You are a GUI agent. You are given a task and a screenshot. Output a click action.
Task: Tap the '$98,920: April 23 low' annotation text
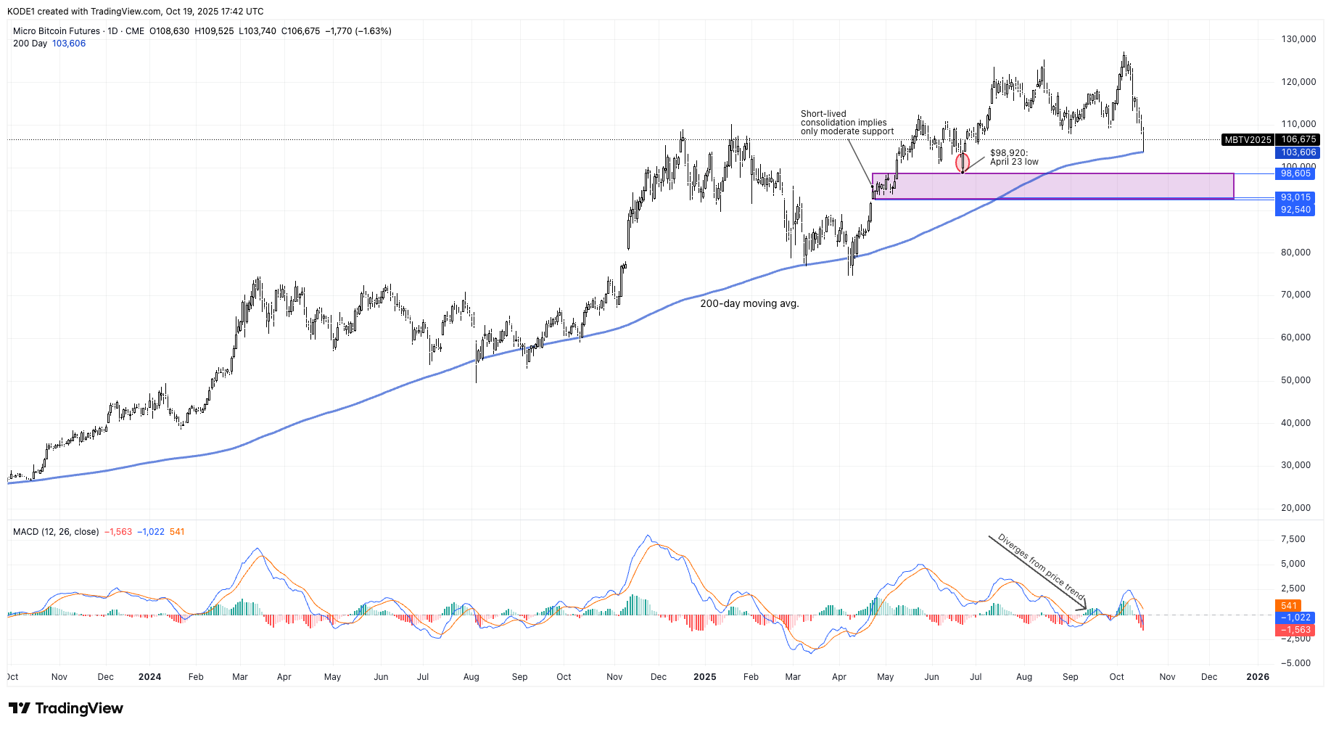(1014, 157)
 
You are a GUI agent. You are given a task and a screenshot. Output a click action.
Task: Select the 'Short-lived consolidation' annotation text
(846, 123)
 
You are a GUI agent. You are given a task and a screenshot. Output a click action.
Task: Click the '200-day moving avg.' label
(749, 303)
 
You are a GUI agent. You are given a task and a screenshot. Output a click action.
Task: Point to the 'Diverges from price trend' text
(1041, 567)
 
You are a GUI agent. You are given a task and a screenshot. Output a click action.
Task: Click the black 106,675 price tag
(1298, 139)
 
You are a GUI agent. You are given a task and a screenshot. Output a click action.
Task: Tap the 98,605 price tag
(1295, 173)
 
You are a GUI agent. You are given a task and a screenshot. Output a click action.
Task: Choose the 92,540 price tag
(1295, 210)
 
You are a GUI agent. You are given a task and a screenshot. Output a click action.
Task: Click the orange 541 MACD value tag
(1288, 605)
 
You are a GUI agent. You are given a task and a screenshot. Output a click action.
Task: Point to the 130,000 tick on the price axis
(1298, 39)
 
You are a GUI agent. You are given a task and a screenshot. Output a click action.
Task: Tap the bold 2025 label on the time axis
(704, 677)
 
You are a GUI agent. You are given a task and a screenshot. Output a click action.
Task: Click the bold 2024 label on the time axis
(149, 677)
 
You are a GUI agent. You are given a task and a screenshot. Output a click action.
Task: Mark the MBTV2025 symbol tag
(1248, 139)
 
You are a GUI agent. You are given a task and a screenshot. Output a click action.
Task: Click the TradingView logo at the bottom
(66, 708)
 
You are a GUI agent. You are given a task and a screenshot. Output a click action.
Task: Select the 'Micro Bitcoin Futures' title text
(57, 31)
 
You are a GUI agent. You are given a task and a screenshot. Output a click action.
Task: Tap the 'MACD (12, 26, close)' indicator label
(56, 532)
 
